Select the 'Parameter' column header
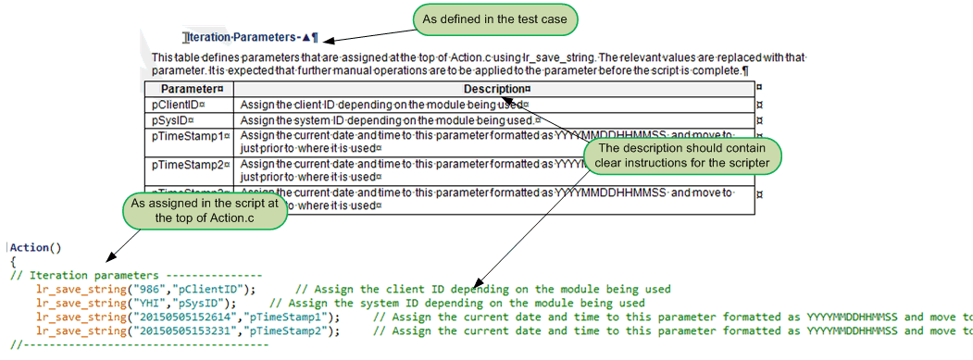tap(186, 89)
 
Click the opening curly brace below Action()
tap(13, 262)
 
